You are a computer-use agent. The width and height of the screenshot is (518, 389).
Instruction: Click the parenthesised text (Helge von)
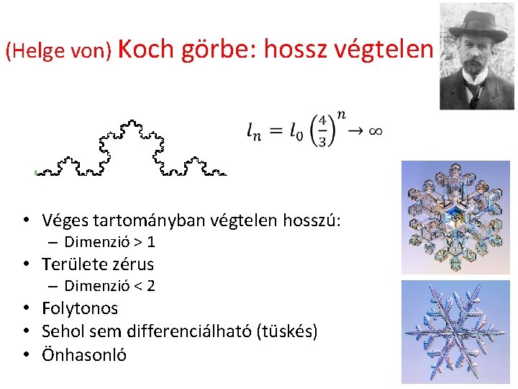coord(58,50)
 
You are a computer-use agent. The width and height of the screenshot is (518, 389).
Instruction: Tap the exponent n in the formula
coord(340,115)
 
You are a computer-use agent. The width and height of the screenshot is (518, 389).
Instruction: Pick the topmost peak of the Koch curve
coord(132,122)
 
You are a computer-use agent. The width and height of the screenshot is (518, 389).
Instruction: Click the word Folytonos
coord(80,308)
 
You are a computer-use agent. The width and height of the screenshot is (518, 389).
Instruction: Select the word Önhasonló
coord(84,354)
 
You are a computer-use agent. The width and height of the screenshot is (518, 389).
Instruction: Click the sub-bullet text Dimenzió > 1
coord(109,242)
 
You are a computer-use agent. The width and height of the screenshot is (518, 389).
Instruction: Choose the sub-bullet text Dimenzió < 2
coord(109,286)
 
